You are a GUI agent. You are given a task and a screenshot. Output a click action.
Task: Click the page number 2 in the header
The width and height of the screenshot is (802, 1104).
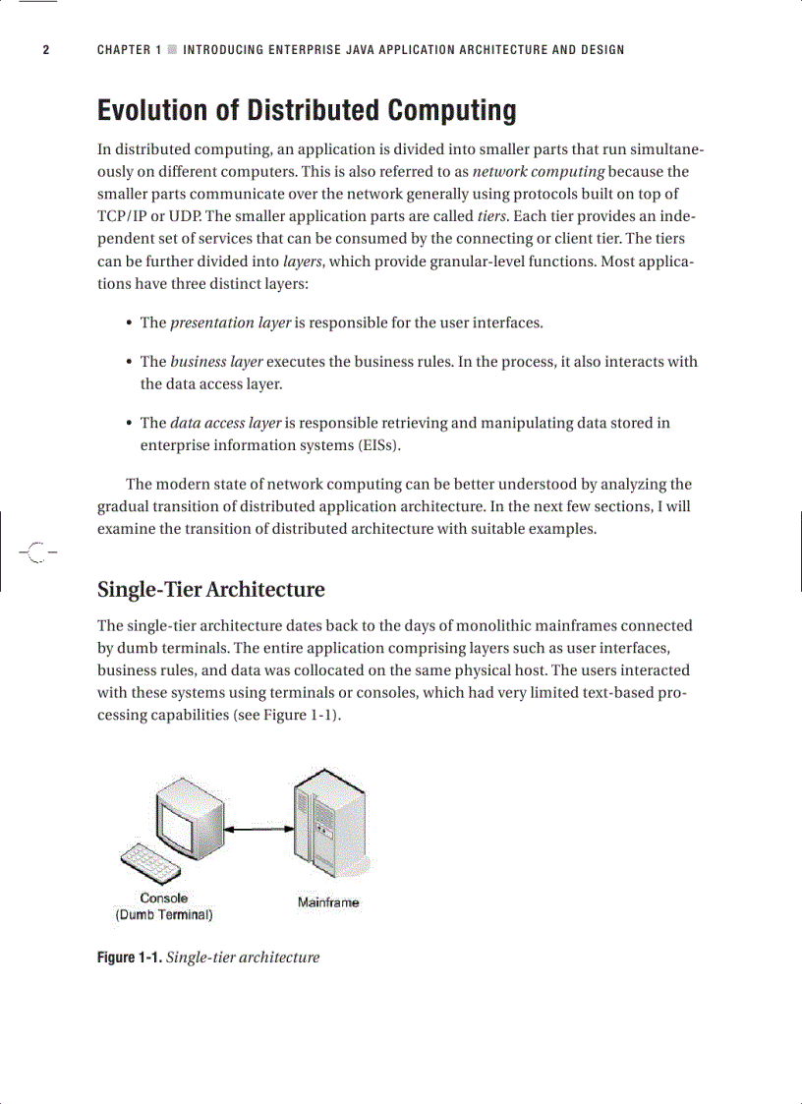(x=45, y=50)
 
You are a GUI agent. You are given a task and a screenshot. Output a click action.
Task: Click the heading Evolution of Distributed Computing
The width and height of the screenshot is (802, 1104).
(x=306, y=110)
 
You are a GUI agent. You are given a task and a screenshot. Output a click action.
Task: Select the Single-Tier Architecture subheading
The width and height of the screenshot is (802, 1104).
(x=210, y=590)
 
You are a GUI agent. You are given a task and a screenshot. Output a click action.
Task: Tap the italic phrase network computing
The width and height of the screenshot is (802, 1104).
(x=538, y=171)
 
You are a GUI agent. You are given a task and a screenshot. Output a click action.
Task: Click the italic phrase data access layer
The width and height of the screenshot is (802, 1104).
(x=226, y=423)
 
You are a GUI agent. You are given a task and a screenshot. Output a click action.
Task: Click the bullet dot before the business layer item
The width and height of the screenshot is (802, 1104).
(x=130, y=362)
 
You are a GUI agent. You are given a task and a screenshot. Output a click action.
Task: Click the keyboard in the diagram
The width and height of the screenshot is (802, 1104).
(x=150, y=864)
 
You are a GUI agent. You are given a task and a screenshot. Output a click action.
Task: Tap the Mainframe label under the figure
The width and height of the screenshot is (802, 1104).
(x=328, y=902)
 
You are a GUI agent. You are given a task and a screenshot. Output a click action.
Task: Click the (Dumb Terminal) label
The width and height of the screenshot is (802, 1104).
(x=163, y=914)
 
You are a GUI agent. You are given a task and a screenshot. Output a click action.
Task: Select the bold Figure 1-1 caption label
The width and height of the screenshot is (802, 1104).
(x=129, y=958)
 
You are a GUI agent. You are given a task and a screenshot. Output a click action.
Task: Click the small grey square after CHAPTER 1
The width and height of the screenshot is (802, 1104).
(x=172, y=50)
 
